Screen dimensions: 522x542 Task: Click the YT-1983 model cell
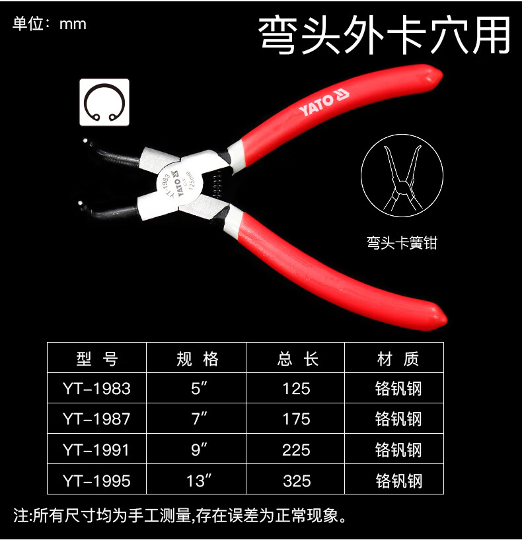(x=96, y=389)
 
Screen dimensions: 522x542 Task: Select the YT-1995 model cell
(x=96, y=481)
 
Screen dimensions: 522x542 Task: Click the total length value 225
(x=296, y=450)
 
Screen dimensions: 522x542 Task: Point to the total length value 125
(x=296, y=389)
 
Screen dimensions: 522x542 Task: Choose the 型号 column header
(x=97, y=358)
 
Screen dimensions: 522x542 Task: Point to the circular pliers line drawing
(x=402, y=176)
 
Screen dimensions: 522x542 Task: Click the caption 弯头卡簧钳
(x=402, y=243)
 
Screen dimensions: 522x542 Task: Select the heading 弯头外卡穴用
(x=384, y=36)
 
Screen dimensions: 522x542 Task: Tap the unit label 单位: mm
(x=49, y=24)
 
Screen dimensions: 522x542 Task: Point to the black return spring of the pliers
(x=217, y=185)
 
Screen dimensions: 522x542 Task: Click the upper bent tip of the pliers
(x=85, y=141)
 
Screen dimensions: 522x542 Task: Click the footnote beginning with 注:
(x=180, y=516)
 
